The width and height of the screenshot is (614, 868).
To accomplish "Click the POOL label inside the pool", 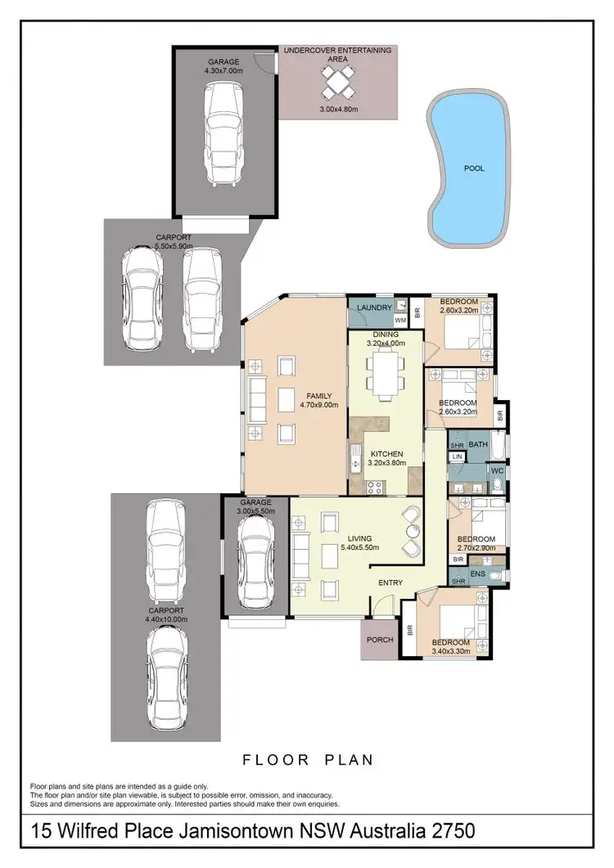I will point(474,168).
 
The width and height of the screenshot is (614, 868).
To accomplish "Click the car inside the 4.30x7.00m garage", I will point(222,135).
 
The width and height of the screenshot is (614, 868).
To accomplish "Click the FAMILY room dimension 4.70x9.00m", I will point(318,404).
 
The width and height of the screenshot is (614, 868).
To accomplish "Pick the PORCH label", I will point(380,640).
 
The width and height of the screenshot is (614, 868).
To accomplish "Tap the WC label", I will point(497,471).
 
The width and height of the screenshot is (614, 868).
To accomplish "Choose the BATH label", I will point(478,444).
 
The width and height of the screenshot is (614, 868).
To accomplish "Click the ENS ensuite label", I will point(476,575).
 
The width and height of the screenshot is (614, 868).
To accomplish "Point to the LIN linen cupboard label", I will point(457,456).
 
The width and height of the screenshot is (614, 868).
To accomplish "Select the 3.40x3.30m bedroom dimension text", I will point(451,651).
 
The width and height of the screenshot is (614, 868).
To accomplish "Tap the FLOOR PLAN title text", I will point(308,760).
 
